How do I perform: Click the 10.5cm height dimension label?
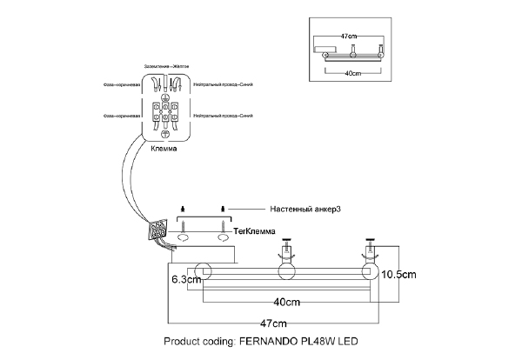(x=403, y=273)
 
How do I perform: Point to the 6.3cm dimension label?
(x=186, y=280)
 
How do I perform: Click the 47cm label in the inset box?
(x=348, y=36)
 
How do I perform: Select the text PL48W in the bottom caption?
(x=320, y=342)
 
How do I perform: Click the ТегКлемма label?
(x=255, y=230)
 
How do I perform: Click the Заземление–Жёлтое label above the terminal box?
(x=166, y=66)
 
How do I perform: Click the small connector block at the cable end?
(x=157, y=230)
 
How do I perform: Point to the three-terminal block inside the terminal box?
(x=165, y=113)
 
